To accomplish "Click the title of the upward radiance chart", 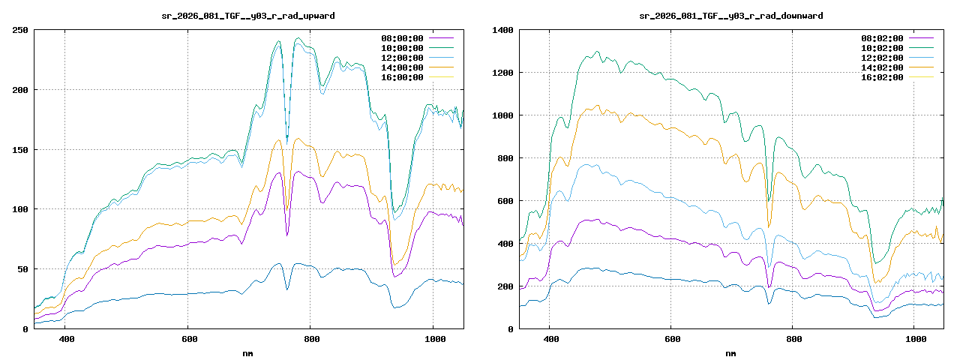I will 248,15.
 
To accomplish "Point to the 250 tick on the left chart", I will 20,30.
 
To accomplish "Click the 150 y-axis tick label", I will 20,150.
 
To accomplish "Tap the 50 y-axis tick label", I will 22,269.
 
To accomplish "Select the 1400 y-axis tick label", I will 502,30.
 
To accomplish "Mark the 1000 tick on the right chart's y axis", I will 502,115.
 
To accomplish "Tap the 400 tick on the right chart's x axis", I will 550,340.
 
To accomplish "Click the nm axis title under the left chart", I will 248,353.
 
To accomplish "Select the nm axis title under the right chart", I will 730,353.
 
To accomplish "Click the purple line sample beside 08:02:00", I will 921,38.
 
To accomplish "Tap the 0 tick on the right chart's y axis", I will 510,329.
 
